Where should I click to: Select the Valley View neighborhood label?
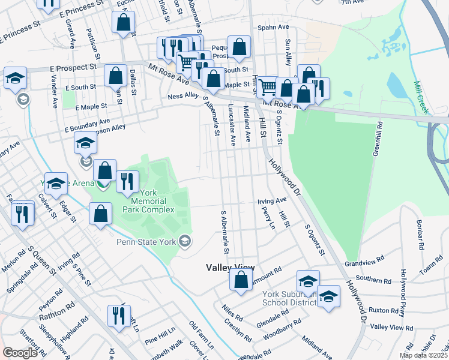pyautogui.click(x=230, y=268)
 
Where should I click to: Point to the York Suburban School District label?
pyautogui.click(x=289, y=298)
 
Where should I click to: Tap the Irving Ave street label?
pyautogui.click(x=272, y=201)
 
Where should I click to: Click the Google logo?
pyautogui.click(x=20, y=353)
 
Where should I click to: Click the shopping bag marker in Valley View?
pyautogui.click(x=241, y=280)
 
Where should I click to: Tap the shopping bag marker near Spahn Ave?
pyautogui.click(x=239, y=47)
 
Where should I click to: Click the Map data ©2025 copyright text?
pyautogui.click(x=423, y=355)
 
